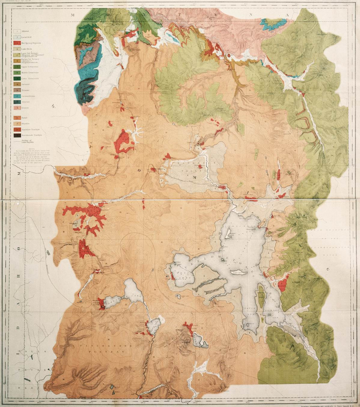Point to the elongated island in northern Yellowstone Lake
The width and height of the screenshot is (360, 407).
tap(228, 233)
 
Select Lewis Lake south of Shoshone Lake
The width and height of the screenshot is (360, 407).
tap(154, 325)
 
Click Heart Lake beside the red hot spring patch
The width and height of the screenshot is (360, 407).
tap(200, 341)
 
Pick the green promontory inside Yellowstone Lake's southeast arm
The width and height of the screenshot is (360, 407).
tap(261, 297)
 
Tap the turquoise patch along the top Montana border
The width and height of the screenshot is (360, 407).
tap(273, 23)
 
